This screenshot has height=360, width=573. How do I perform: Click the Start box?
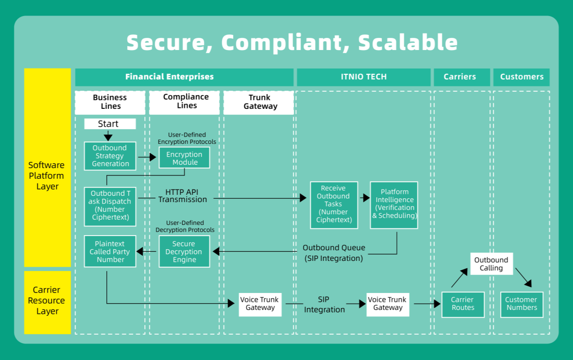point(110,124)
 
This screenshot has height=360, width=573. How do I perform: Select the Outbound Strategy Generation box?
point(110,155)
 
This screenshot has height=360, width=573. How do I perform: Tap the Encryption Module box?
point(185,158)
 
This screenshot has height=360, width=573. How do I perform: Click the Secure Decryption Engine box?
point(184,252)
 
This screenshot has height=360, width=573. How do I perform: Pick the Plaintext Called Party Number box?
point(110,252)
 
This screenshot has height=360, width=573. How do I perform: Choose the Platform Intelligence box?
point(394,205)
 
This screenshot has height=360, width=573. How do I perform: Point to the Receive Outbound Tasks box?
point(334,205)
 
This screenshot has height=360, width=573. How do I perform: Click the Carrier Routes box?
point(463,304)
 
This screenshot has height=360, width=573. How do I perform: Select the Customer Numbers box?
point(522,304)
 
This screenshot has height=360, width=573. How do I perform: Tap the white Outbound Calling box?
point(491,264)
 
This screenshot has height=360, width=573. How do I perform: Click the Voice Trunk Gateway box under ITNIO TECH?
point(388,304)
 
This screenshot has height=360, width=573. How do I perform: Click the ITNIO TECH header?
point(364,77)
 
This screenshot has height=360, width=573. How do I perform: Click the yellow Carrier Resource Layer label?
point(47,301)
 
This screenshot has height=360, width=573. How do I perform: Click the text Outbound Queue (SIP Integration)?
point(334,253)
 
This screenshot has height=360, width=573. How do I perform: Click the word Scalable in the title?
point(408,42)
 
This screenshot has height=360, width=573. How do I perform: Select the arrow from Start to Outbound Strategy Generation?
point(108,136)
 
